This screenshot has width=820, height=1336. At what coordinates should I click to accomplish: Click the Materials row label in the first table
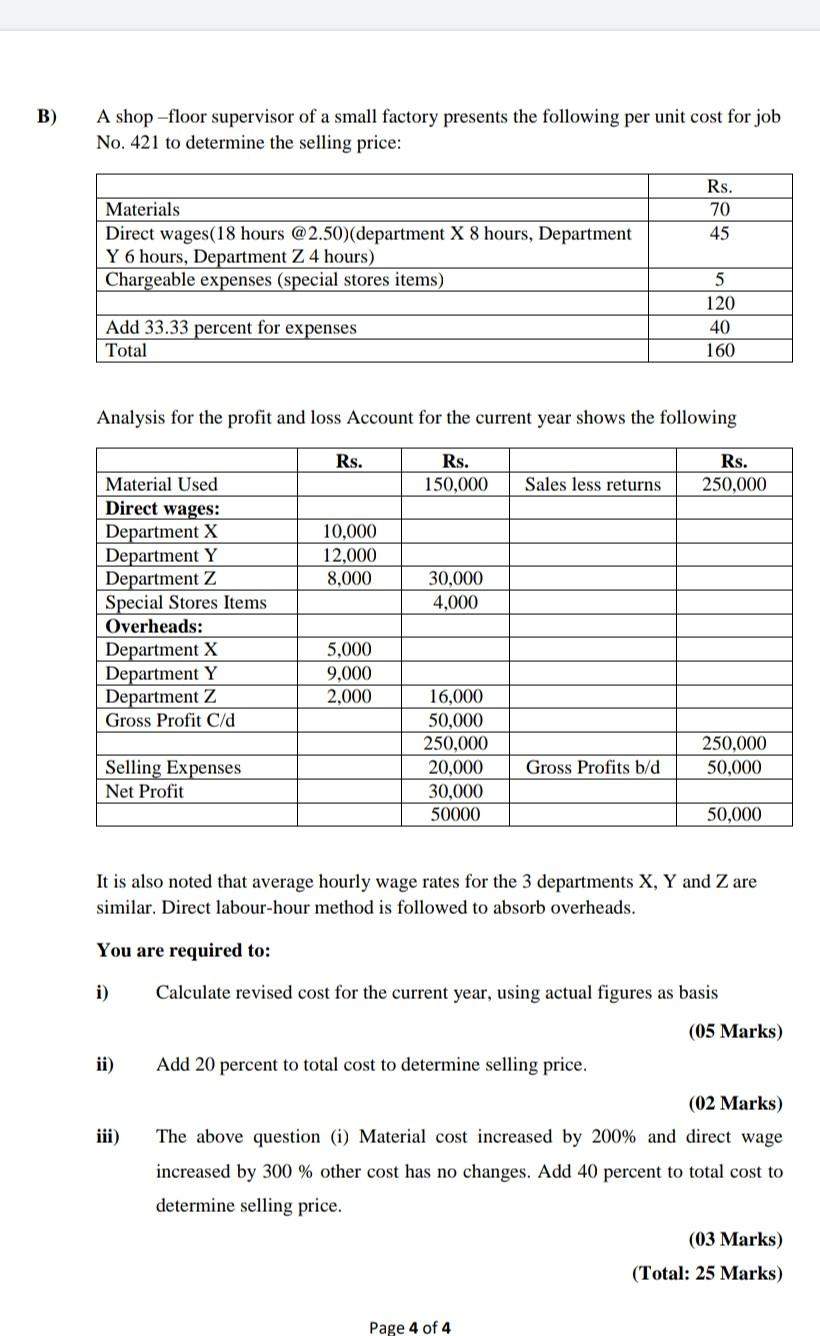click(143, 209)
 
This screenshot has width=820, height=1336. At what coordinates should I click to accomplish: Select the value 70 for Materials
click(719, 209)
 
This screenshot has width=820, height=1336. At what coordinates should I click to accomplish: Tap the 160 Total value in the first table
click(719, 350)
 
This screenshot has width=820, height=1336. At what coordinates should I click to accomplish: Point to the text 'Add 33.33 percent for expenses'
click(231, 327)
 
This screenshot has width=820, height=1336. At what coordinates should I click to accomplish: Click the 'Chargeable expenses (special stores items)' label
click(275, 279)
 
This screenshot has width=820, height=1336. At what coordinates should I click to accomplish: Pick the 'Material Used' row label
click(161, 484)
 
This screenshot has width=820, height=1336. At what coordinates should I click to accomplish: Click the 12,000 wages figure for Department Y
click(350, 555)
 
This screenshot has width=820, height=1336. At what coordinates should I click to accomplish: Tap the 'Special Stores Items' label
click(186, 602)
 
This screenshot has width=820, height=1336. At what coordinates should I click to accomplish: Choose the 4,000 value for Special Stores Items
click(455, 602)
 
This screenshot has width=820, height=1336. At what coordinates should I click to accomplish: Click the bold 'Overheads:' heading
click(154, 626)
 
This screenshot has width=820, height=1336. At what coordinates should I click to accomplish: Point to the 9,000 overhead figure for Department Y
click(350, 673)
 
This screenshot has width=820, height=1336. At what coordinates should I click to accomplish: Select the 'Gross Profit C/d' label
click(170, 720)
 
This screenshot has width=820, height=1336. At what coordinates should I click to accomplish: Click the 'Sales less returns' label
click(593, 484)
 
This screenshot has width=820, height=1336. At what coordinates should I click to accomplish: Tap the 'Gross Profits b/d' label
click(593, 767)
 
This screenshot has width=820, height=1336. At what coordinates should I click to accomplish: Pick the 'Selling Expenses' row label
click(173, 767)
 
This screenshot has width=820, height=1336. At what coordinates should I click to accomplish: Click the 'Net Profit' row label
click(145, 791)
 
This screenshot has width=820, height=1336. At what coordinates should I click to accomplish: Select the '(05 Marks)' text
click(735, 1031)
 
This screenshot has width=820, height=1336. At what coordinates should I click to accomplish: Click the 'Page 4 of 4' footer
click(410, 1327)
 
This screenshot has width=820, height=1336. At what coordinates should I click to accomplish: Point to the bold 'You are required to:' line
click(183, 950)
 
